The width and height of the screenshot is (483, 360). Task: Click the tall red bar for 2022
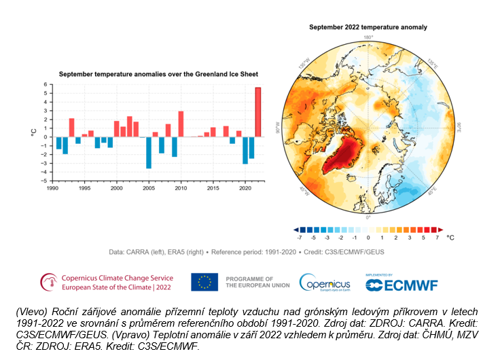257,112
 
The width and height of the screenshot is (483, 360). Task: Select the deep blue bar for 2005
148,153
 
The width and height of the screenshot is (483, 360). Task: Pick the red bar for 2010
181,124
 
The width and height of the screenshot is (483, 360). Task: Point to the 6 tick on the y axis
46,85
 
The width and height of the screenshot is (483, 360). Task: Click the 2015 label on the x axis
213,188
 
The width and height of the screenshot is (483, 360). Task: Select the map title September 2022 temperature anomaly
368,27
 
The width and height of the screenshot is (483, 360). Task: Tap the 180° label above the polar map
368,37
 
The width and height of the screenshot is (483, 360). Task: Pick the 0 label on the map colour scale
368,238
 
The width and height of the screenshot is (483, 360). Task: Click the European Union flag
204,281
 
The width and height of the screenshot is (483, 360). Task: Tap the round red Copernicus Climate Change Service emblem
49,282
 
